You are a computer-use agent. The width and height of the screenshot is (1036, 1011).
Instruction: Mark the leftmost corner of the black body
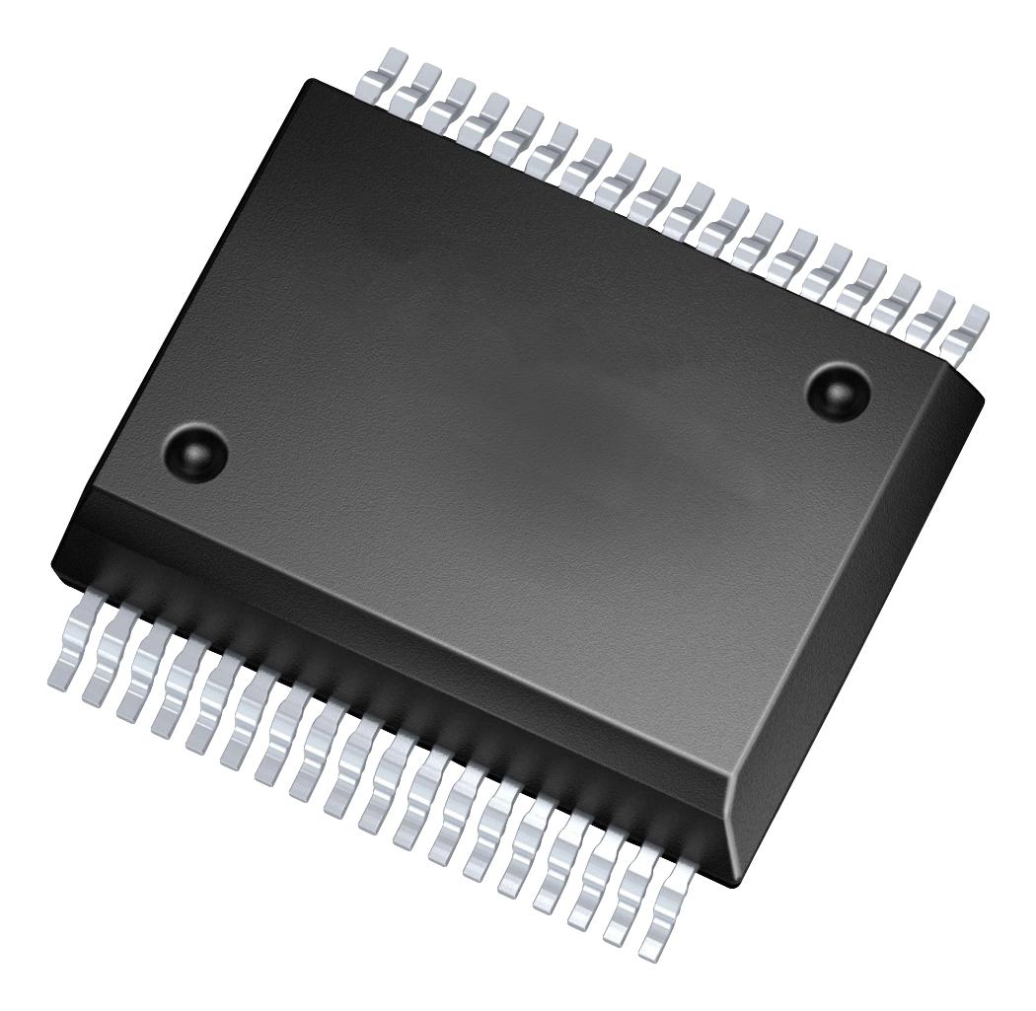[x=52, y=562]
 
